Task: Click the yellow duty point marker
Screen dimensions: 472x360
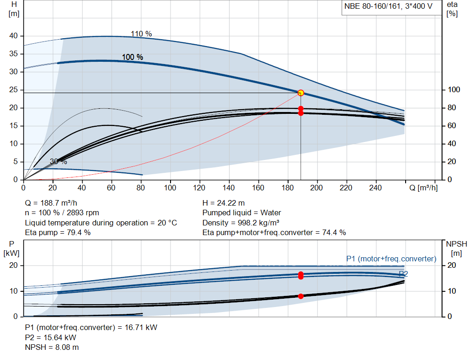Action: pyautogui.click(x=301, y=93)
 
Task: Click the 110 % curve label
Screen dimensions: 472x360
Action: pyautogui.click(x=141, y=34)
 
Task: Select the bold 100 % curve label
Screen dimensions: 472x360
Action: pyautogui.click(x=132, y=57)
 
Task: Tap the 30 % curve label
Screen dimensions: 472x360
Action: pyautogui.click(x=59, y=162)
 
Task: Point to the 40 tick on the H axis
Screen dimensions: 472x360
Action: pyautogui.click(x=13, y=36)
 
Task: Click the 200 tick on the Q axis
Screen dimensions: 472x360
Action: pyautogui.click(x=316, y=188)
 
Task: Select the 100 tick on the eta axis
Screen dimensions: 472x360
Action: pyautogui.click(x=454, y=90)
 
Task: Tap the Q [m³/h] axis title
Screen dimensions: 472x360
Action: pyautogui.click(x=423, y=188)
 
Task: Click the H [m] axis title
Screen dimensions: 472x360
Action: pyautogui.click(x=14, y=9)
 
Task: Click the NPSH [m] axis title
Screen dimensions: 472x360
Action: pyautogui.click(x=456, y=248)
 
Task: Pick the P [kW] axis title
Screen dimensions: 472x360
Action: pyautogui.click(x=12, y=248)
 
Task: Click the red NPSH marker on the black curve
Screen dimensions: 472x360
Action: pyautogui.click(x=301, y=296)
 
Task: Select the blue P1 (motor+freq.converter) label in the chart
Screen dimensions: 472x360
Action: pyautogui.click(x=391, y=259)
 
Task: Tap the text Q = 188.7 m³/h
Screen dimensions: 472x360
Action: pyautogui.click(x=51, y=203)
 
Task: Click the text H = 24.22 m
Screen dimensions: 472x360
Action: pyautogui.click(x=224, y=203)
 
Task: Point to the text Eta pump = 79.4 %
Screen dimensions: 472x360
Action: pyautogui.click(x=58, y=233)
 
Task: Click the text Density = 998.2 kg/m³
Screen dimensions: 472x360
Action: pyautogui.click(x=241, y=223)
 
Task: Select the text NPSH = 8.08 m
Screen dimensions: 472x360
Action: pyautogui.click(x=52, y=348)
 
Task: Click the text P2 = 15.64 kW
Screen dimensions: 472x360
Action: pyautogui.click(x=51, y=337)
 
